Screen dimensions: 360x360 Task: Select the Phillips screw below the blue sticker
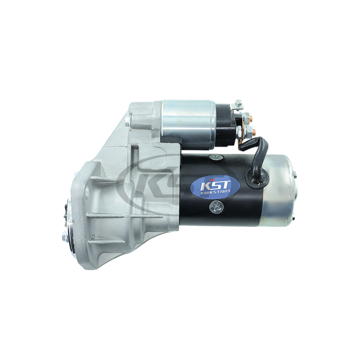[x=216, y=206]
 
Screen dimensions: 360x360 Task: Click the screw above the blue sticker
[x=216, y=157]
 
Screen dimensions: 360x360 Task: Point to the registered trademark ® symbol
[x=239, y=162]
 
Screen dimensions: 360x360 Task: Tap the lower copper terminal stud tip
[x=255, y=131]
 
